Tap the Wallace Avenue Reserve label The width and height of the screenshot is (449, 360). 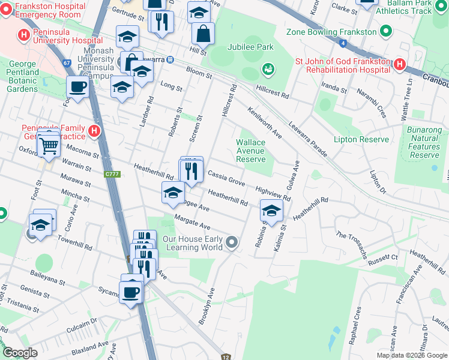tap(250, 151)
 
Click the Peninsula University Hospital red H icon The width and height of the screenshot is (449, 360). tap(24, 35)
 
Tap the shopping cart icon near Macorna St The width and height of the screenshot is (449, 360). tap(48, 145)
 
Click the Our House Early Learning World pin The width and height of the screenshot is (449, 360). tap(232, 243)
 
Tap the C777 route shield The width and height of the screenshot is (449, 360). tap(112, 174)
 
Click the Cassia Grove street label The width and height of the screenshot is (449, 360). tap(226, 178)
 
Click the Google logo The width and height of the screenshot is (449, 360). tap(20, 353)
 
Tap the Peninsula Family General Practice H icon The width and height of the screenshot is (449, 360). tap(94, 130)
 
